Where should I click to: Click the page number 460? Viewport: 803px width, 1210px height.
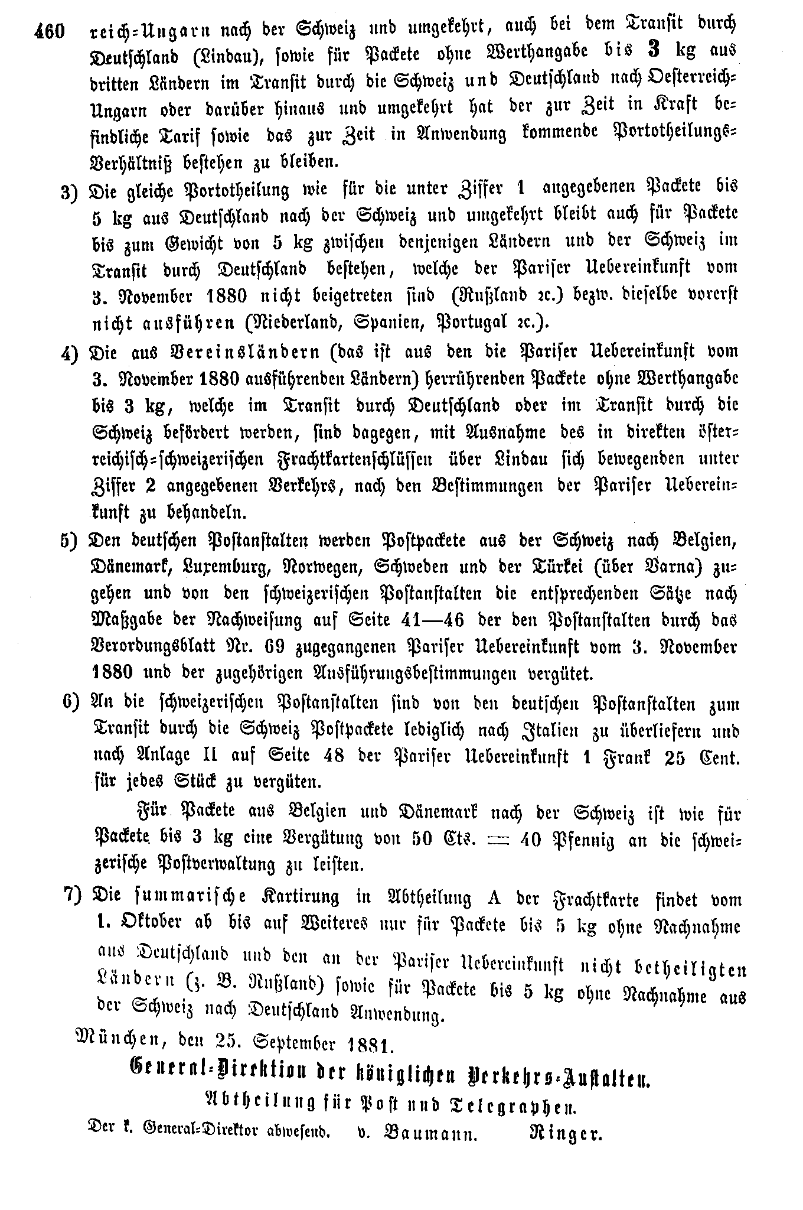(49, 31)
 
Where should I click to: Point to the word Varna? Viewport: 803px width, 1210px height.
(670, 567)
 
